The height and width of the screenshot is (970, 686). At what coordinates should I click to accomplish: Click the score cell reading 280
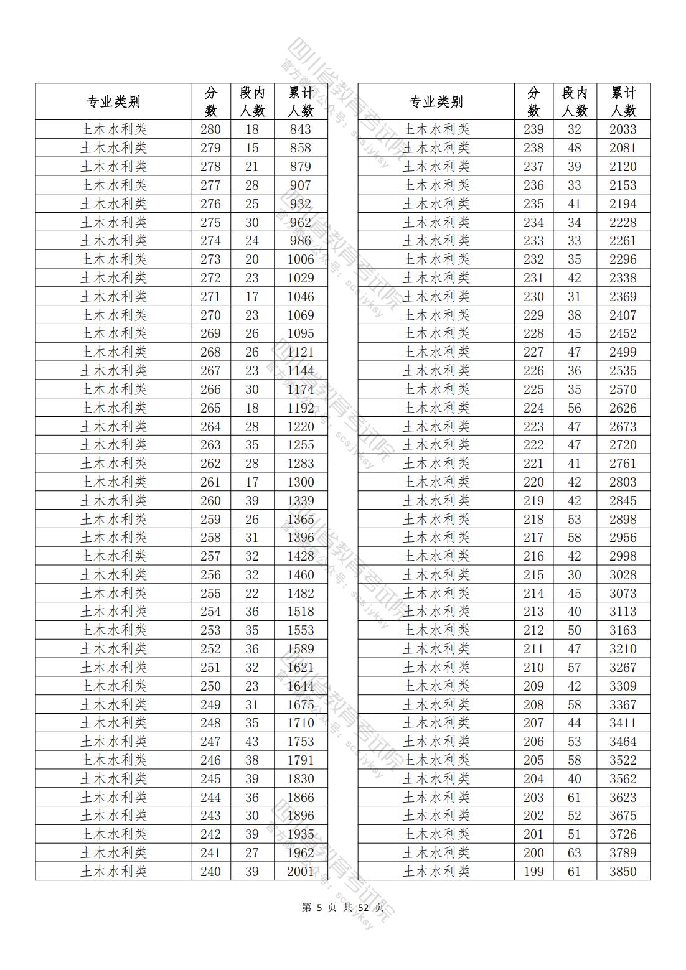[x=210, y=129]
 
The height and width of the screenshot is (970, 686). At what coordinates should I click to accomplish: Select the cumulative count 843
[x=300, y=129]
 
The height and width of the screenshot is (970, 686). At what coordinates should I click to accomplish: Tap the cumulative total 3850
[x=623, y=871]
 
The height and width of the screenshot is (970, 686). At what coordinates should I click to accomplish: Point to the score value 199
[x=533, y=871]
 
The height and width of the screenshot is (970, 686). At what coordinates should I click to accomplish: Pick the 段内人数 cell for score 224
[x=574, y=408]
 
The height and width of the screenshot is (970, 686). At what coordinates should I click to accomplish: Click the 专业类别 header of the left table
[x=113, y=102]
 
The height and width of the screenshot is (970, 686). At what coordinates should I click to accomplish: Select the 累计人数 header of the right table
[x=623, y=102]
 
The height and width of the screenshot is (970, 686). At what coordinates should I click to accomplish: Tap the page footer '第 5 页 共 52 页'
[x=342, y=907]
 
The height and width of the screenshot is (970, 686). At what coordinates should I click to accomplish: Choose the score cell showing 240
[x=210, y=871]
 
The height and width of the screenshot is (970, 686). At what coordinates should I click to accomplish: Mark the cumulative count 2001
[x=300, y=871]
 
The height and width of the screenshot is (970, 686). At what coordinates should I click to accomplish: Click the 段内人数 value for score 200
[x=574, y=852]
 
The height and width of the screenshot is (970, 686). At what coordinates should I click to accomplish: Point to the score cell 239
[x=533, y=129]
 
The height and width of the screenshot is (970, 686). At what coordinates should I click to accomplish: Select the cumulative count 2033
[x=623, y=129]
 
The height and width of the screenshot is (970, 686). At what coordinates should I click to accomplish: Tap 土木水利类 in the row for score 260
[x=113, y=501]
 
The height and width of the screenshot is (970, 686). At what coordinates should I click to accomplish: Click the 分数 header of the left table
[x=211, y=102]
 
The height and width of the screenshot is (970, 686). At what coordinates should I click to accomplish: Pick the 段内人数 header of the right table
[x=574, y=102]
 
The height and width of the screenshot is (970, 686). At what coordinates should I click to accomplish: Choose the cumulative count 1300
[x=300, y=482]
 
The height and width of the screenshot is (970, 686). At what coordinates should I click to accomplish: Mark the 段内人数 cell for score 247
[x=251, y=742]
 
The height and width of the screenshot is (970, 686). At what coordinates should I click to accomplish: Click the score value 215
[x=533, y=575]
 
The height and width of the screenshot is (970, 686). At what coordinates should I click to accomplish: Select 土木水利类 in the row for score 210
[x=436, y=668]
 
